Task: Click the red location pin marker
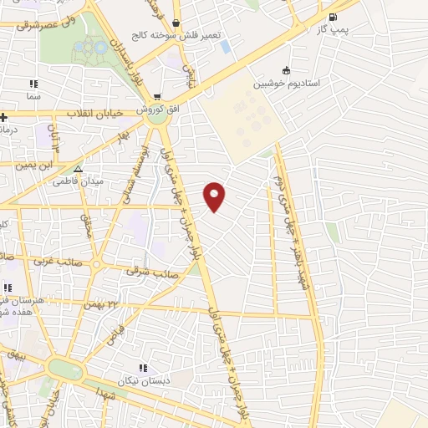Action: (215, 196)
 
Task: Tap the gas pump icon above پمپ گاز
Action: (334, 18)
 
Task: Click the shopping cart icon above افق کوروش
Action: (156, 97)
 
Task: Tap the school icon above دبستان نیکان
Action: (143, 366)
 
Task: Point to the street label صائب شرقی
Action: (147, 270)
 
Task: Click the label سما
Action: (33, 97)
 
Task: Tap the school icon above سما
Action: (33, 84)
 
